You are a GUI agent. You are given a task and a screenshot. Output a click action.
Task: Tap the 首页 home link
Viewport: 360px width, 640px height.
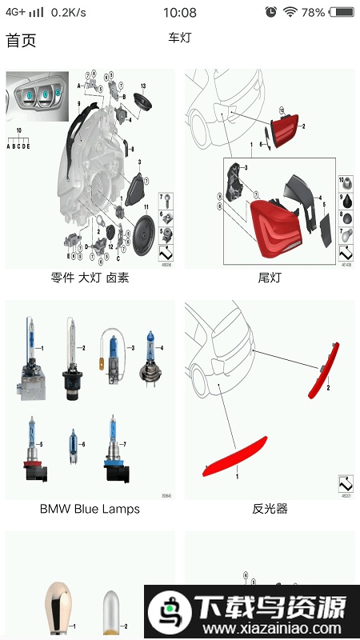21,40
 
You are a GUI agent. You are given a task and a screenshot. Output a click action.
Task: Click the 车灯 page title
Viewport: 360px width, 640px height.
180,38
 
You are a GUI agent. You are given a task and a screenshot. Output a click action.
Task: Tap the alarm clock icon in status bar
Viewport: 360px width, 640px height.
271,12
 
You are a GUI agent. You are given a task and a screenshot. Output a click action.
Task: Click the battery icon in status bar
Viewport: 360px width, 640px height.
342,12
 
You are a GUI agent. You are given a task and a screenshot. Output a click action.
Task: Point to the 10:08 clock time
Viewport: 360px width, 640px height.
179,12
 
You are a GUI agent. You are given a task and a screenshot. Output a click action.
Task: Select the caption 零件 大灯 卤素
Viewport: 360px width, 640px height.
90,278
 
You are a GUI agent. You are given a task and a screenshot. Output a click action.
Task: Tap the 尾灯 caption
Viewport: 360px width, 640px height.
270,278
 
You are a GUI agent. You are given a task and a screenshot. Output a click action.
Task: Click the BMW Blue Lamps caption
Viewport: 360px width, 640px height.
90,509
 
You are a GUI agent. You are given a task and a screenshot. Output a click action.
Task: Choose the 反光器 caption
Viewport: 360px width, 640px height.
270,509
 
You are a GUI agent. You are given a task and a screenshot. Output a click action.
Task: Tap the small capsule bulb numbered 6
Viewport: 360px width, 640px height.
74,446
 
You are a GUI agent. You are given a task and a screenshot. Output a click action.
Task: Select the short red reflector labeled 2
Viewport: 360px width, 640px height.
324,370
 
